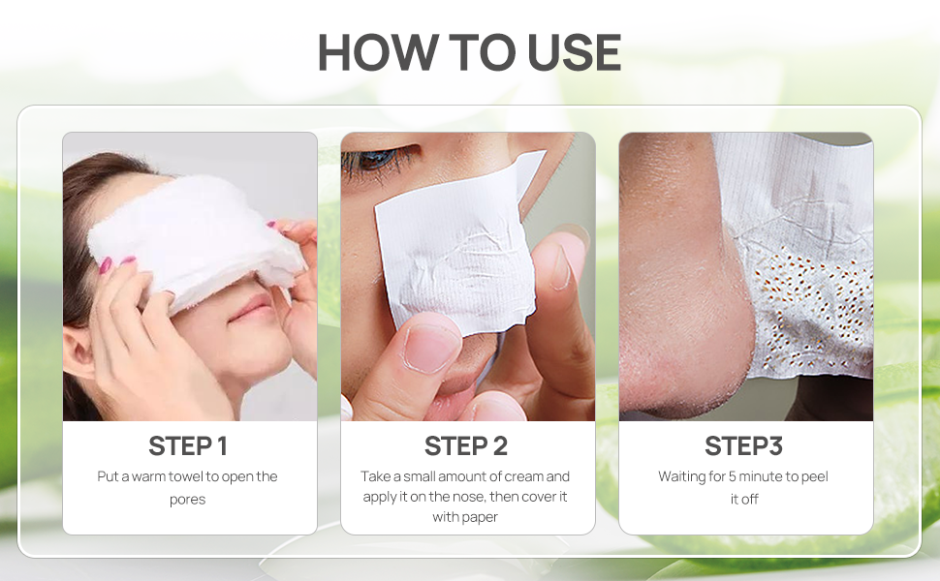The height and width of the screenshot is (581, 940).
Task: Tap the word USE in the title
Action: [x=575, y=52]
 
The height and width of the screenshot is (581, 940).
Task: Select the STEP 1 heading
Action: [x=188, y=446]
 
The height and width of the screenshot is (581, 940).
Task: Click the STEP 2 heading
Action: [x=466, y=446]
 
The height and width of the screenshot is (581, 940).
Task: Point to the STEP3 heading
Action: [x=744, y=446]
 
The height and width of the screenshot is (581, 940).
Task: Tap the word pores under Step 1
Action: [x=188, y=500]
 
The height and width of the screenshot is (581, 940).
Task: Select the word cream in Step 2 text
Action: [x=524, y=476]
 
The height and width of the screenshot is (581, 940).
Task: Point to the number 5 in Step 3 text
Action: [x=732, y=476]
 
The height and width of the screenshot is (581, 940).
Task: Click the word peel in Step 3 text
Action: [x=815, y=476]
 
